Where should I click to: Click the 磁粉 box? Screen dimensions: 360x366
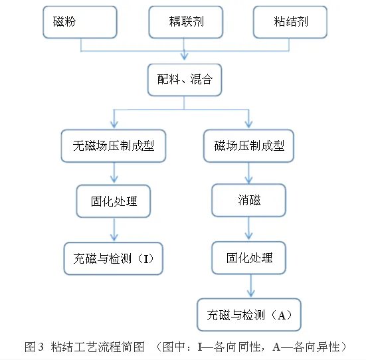point(80,22)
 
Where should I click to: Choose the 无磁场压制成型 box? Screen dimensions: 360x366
point(114,145)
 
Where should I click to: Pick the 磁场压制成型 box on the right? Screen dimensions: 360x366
point(249,145)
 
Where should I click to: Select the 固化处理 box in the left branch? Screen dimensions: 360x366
point(114,200)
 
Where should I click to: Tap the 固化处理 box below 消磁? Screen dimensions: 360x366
point(249,257)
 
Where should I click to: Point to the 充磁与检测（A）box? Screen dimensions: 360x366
point(249,314)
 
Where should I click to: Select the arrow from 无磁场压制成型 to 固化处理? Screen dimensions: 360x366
point(114,172)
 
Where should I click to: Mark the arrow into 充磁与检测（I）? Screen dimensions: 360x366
point(114,229)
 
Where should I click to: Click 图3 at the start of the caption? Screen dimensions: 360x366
point(34,347)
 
